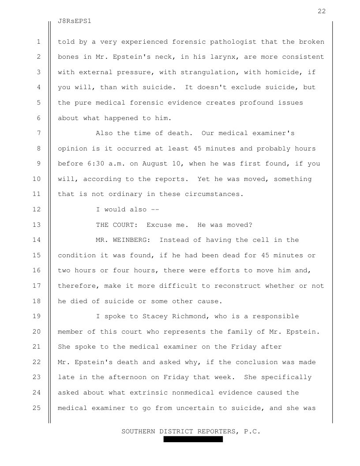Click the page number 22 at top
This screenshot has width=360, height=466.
[322, 11]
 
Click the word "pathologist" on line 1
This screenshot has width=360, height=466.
[233, 42]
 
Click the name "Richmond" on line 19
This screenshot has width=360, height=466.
[188, 316]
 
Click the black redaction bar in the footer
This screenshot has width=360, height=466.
[193, 440]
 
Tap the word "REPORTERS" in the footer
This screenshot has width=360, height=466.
[212, 431]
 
